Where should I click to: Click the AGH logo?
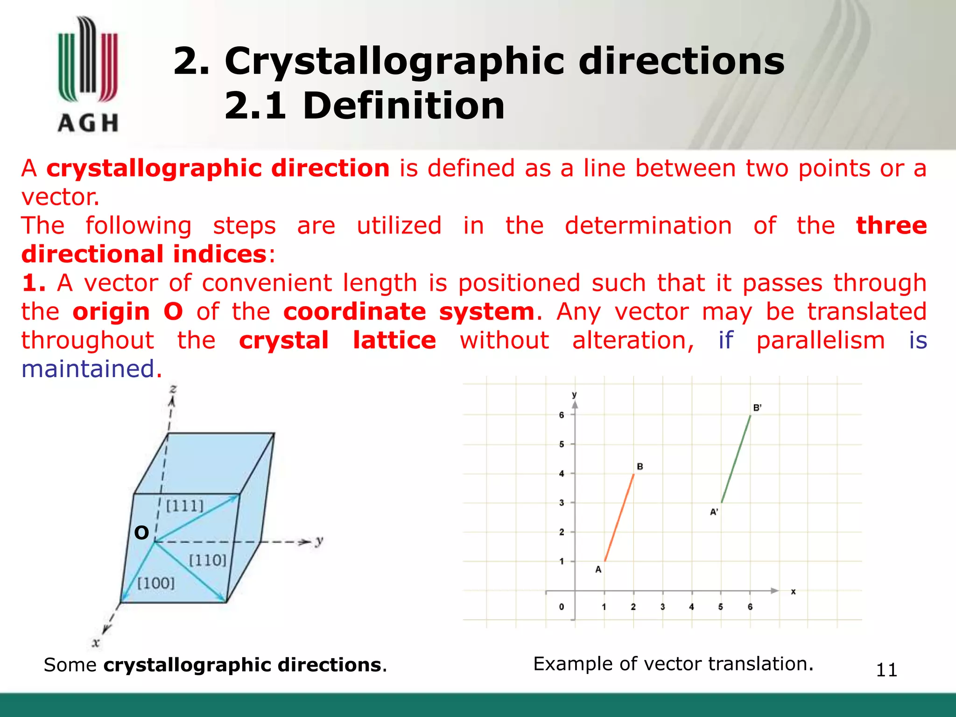tap(88, 75)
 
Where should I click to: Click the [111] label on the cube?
tap(185, 506)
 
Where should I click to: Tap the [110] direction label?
tap(208, 560)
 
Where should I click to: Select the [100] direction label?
tap(156, 583)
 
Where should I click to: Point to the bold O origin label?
tap(141, 533)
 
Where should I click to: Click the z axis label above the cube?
tap(173, 388)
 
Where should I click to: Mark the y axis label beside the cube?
tap(319, 541)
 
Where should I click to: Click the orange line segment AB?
tap(619, 518)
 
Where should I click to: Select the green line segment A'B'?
tap(736, 459)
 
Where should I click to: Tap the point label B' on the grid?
tap(757, 408)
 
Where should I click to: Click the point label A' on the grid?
tap(714, 512)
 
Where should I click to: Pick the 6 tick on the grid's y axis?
tap(562, 415)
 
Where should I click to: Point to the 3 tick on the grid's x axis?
tap(662, 607)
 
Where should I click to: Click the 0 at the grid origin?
tap(562, 607)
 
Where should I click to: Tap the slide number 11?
tap(886, 670)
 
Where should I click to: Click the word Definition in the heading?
tap(404, 106)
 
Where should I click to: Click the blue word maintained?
tap(88, 369)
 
